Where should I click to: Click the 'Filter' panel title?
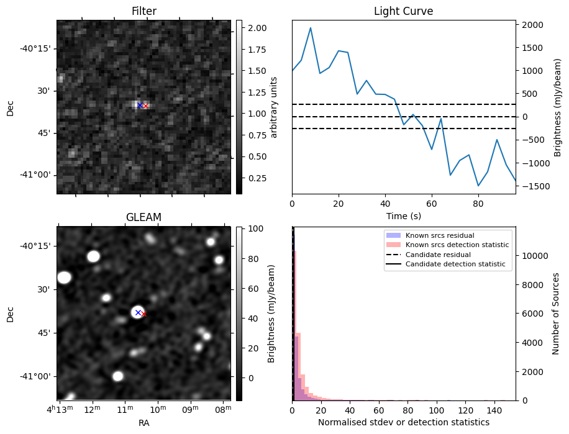[x=143, y=11]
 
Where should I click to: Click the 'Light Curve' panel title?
[x=403, y=11]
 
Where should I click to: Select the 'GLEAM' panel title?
[x=143, y=217]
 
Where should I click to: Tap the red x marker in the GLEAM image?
[x=144, y=314]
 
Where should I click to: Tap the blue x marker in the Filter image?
[x=139, y=106]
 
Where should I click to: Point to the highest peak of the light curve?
[x=311, y=28]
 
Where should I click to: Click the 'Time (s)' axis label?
[x=403, y=216]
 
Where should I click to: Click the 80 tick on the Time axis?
[x=478, y=203]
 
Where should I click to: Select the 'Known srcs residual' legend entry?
[x=439, y=236]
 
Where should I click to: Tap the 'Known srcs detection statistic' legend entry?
[x=457, y=245]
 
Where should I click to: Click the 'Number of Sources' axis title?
[x=556, y=314]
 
